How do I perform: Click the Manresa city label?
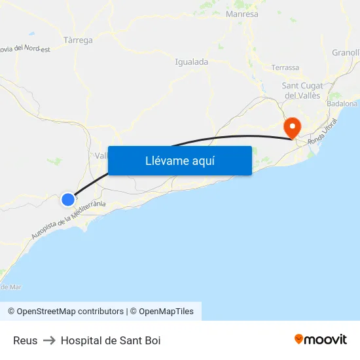coord(242,14)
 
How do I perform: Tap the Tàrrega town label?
coord(79,40)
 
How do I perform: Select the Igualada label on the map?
coord(192,62)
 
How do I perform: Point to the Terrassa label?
coord(285,67)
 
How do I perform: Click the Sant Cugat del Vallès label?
coord(302,90)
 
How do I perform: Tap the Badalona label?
coord(342,103)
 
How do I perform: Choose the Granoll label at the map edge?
coord(346,52)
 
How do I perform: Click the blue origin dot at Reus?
coord(68,199)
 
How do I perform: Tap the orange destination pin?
coord(291,126)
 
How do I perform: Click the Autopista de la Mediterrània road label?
coord(68,220)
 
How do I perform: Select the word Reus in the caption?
coord(25,340)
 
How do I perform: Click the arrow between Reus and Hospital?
coord(49,340)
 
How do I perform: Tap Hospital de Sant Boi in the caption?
coord(111,340)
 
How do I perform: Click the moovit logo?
coord(320,339)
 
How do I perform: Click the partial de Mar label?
coord(10,287)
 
